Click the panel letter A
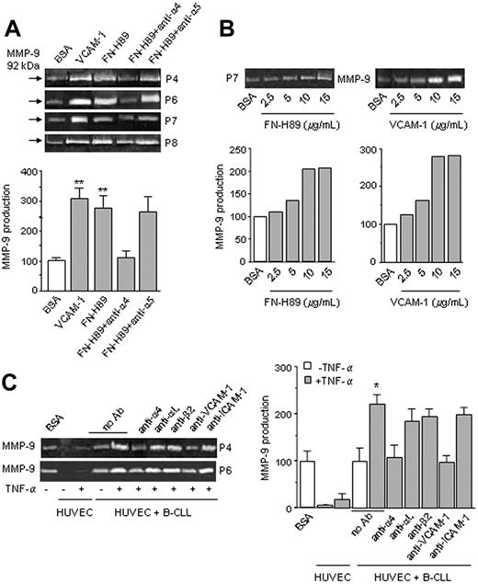[11, 12]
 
